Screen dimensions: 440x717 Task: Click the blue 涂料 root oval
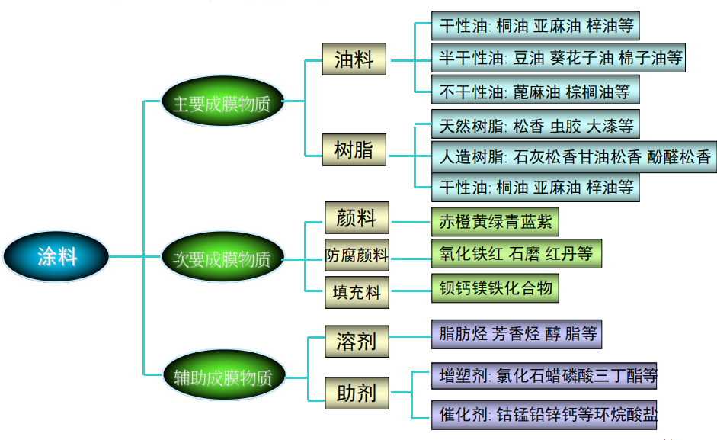pos(57,256)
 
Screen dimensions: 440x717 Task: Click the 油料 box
pos(354,59)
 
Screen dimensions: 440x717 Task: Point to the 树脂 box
pos(354,149)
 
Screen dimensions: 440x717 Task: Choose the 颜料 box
pos(357,218)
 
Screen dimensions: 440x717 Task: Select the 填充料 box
pos(357,291)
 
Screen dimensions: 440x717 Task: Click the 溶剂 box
pos(357,340)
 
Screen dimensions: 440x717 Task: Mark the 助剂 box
pos(357,393)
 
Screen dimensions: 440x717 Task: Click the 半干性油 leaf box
pos(558,57)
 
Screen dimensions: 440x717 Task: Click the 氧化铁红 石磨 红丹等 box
pos(516,253)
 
